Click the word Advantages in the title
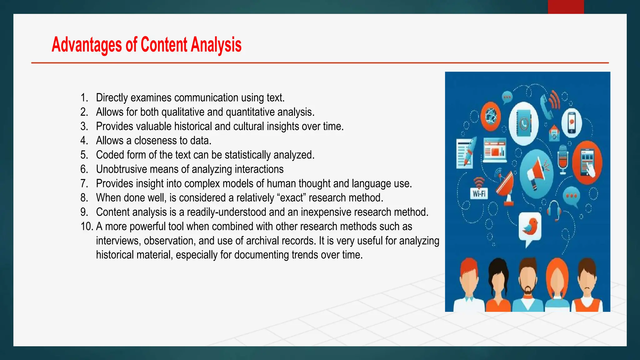87,45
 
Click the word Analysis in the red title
216,45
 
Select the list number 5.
84,155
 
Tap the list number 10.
87,227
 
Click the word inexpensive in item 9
326,212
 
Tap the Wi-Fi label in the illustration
479,194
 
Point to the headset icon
554,210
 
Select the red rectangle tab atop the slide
566,7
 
